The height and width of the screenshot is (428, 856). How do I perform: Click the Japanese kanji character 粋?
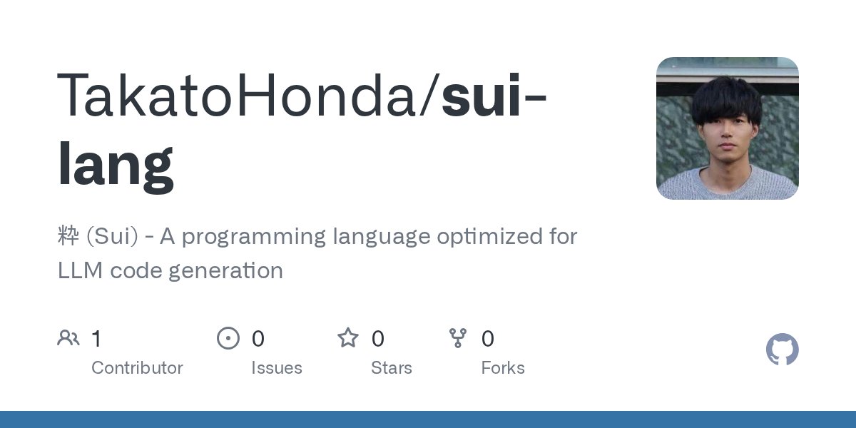click(68, 236)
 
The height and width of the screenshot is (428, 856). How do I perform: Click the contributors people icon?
click(68, 338)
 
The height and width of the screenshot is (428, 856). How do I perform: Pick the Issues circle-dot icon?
click(228, 338)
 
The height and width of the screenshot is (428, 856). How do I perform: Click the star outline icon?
click(348, 338)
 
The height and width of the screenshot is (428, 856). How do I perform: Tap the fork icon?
click(458, 338)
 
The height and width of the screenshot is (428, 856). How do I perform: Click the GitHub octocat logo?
click(782, 350)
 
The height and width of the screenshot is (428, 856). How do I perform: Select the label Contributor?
click(137, 368)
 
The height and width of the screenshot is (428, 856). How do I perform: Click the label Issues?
click(277, 368)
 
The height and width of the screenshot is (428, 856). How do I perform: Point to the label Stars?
click(392, 368)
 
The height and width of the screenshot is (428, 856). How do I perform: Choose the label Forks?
click(503, 368)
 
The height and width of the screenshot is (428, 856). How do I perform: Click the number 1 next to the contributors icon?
click(96, 339)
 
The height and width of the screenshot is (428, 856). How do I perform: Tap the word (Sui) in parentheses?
click(111, 237)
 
